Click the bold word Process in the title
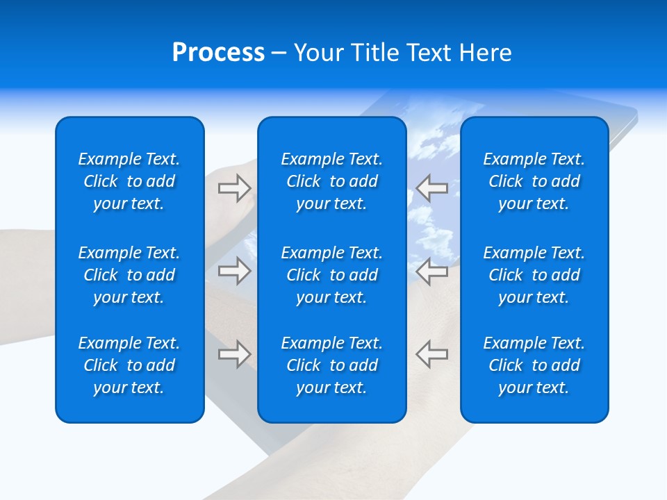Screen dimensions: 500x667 point(218,53)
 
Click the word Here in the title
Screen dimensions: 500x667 point(484,53)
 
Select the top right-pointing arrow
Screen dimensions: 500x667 point(235,188)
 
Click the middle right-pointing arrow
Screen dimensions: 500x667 point(235,271)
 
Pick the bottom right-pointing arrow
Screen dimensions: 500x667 point(235,354)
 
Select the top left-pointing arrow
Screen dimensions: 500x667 point(432,188)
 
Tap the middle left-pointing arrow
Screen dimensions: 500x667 point(432,271)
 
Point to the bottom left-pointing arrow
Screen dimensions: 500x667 point(432,354)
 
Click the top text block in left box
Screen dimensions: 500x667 point(129,181)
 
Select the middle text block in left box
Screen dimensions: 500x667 point(129,275)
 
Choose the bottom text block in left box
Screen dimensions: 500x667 point(129,365)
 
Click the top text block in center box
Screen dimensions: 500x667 point(332,181)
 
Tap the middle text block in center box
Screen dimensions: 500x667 point(332,275)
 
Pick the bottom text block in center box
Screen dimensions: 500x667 point(332,365)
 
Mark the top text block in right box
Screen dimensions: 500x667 point(534,181)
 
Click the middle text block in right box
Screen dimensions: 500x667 point(534,275)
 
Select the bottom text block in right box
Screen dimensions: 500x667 point(534,365)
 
